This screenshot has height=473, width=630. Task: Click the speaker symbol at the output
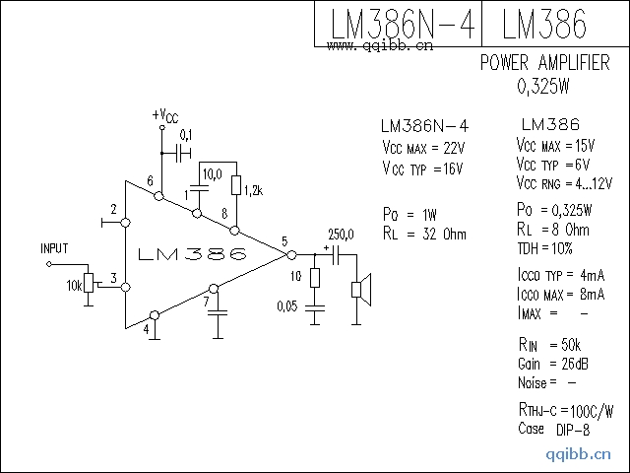361,290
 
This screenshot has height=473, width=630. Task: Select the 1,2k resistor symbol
235,185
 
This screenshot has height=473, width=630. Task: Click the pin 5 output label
284,241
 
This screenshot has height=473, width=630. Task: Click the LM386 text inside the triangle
193,255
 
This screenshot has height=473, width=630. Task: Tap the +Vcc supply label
165,116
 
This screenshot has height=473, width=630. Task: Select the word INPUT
55,248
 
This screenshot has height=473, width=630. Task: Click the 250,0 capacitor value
341,234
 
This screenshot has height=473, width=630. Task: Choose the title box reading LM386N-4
399,25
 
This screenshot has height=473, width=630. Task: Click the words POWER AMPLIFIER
544,63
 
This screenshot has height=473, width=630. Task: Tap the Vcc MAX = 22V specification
422,148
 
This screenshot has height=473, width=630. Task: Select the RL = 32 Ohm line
424,235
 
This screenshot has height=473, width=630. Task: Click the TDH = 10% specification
543,248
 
